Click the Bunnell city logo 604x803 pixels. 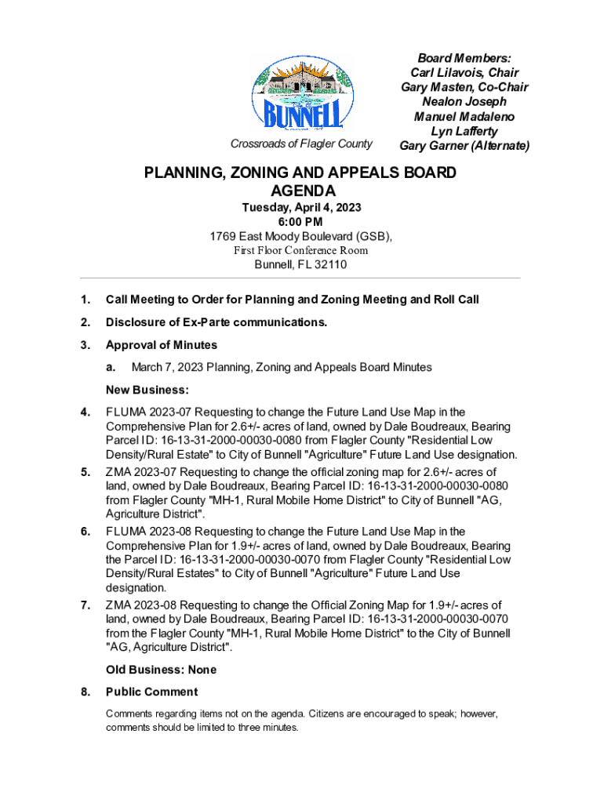pyautogui.click(x=301, y=95)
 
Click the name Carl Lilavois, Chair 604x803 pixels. pyautogui.click(x=464, y=72)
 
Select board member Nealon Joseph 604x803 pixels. pyautogui.click(x=464, y=102)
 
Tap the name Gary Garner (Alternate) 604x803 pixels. pyautogui.click(x=464, y=146)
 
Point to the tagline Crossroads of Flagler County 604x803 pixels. pyautogui.click(x=301, y=144)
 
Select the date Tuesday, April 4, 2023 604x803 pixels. pyautogui.click(x=300, y=208)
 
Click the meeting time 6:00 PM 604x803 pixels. pyautogui.click(x=300, y=222)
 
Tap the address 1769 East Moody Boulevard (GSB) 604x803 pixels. pyautogui.click(x=300, y=236)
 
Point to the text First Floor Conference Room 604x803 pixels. pyautogui.click(x=300, y=251)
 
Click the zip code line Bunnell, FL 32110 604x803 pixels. pyautogui.click(x=300, y=265)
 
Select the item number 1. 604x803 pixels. pyautogui.click(x=86, y=300)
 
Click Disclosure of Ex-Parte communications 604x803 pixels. pyautogui.click(x=216, y=322)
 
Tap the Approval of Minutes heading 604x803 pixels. pyautogui.click(x=162, y=345)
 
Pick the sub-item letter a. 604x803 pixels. pyautogui.click(x=111, y=367)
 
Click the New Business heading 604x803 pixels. pyautogui.click(x=147, y=390)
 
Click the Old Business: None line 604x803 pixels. pyautogui.click(x=161, y=670)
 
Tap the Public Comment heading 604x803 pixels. pyautogui.click(x=151, y=692)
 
